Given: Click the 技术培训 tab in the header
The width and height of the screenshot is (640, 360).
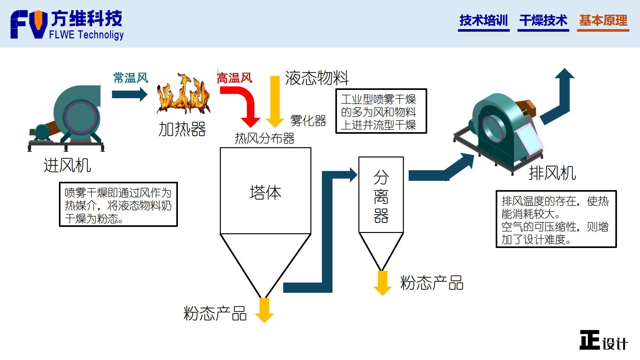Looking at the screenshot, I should tap(484, 20).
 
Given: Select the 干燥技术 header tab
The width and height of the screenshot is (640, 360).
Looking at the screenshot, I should tap(543, 20).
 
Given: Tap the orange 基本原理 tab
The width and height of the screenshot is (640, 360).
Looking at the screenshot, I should tap(603, 20).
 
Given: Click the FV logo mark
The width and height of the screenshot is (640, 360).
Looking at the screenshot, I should tap(29, 24).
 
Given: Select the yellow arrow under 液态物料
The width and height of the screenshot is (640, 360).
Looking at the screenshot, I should tap(275, 101).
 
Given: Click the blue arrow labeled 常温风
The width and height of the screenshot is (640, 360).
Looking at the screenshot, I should tap(130, 94).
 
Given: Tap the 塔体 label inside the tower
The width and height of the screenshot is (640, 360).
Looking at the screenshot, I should tap(265, 192).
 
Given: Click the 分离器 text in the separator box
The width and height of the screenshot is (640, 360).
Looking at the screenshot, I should tap(381, 196).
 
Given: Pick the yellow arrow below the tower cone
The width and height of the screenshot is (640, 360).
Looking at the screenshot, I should tap(264, 310).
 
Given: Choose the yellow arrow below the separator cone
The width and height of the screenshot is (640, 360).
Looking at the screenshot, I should tap(382, 283).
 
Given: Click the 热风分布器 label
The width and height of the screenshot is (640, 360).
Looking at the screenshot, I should tap(265, 139).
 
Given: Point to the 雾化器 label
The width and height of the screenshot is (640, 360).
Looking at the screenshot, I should tap(308, 121).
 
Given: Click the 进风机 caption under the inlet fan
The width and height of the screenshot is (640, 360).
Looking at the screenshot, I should tap(67, 165).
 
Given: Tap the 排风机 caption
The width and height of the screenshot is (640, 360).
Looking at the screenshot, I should tap(552, 173).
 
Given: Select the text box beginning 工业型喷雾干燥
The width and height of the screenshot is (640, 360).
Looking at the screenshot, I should tap(381, 111).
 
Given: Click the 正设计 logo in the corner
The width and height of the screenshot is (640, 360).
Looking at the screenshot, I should tap(603, 340).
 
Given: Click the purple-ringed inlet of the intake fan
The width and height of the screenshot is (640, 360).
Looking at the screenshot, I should tap(80, 117).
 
